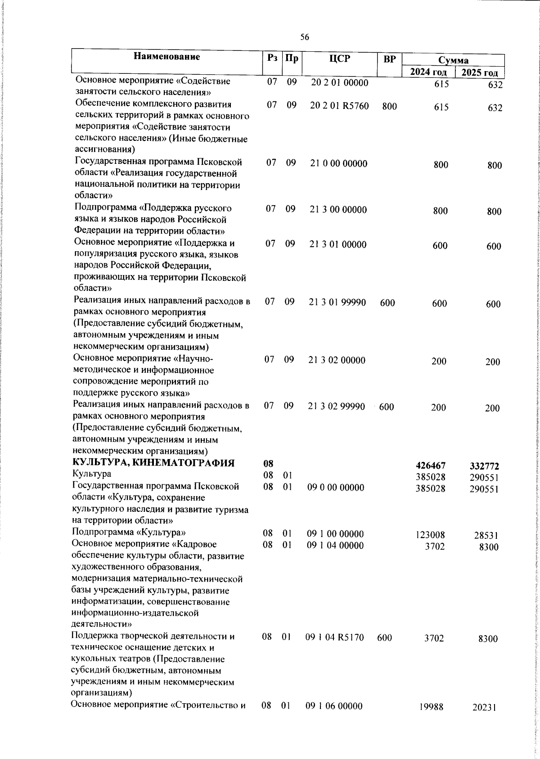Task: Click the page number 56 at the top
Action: tap(305, 37)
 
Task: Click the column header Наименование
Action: tap(167, 57)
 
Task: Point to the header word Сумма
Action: tap(453, 60)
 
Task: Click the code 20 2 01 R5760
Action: tap(340, 106)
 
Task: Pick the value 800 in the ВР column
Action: tap(389, 107)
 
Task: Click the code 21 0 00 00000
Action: tap(339, 163)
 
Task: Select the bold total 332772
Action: tap(484, 467)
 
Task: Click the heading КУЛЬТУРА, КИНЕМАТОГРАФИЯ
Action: tap(153, 463)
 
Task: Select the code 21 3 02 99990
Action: tap(337, 407)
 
